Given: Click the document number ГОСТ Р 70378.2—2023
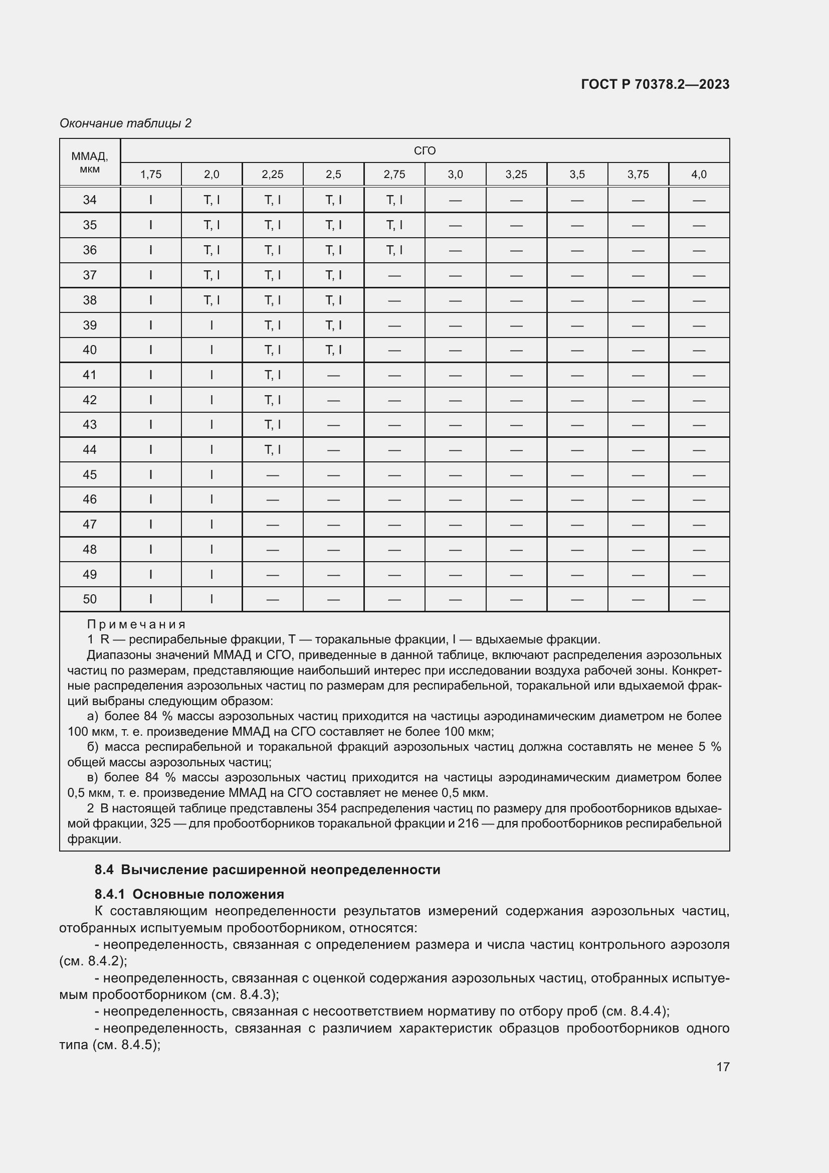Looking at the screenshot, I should [x=655, y=84].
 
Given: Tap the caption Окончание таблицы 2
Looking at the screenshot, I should [x=126, y=123].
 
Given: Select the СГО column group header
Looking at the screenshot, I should [x=424, y=151].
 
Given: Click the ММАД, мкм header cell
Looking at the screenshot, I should [x=90, y=162].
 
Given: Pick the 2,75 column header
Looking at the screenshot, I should [x=394, y=175].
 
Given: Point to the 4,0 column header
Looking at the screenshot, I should [x=698, y=175].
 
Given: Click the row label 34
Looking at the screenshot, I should [x=90, y=200].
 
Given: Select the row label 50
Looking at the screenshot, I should [x=90, y=599].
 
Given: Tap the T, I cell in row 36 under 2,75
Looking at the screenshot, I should [x=394, y=250].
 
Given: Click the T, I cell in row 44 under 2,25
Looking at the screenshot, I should [x=273, y=449].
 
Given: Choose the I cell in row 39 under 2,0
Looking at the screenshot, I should [x=212, y=325].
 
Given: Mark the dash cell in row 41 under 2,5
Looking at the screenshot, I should [x=333, y=375].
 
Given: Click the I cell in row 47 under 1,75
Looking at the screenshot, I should [x=150, y=524].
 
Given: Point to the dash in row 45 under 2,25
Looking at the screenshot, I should [x=273, y=474].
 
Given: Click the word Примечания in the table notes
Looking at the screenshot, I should [x=136, y=624].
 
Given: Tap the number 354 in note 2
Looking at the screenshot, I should [x=327, y=808].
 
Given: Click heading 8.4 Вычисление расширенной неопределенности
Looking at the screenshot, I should [x=268, y=870].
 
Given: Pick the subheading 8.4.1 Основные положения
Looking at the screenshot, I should [x=189, y=894].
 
